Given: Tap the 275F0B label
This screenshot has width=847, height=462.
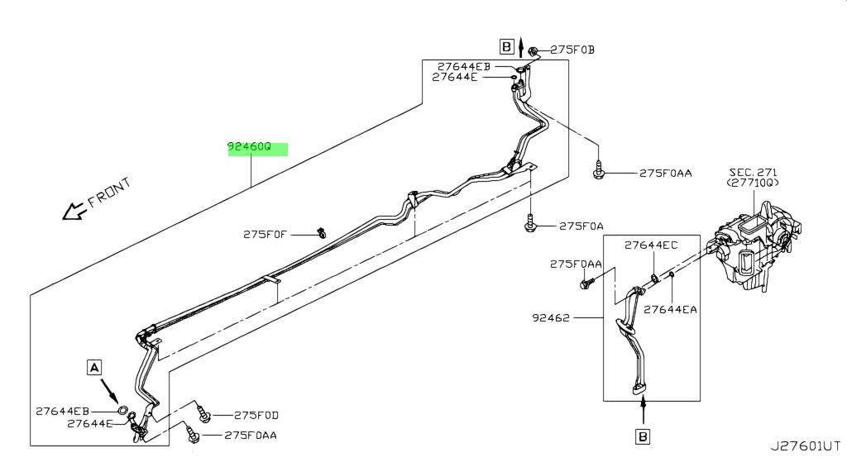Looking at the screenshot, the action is (572, 50).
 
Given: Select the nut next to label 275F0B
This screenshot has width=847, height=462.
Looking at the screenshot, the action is (533, 52).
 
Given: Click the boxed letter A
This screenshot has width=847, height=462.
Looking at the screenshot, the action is (94, 368).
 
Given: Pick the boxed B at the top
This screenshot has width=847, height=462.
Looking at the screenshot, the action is (506, 47).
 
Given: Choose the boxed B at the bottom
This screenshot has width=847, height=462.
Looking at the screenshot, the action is (643, 436).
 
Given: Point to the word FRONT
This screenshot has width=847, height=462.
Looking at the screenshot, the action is (109, 193).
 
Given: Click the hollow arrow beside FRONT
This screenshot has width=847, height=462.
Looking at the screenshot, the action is (74, 211).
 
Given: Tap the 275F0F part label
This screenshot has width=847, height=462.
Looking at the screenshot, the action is (265, 235).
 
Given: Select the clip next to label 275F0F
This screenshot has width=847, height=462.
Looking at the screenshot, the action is (322, 232).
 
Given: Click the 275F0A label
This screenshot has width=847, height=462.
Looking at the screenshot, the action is (581, 226).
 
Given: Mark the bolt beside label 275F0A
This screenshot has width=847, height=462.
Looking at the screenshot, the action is (530, 223).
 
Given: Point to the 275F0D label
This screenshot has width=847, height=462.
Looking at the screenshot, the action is (256, 416).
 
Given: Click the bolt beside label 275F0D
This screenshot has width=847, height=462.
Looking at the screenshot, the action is (203, 414).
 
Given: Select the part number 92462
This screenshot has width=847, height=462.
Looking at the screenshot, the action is (551, 318).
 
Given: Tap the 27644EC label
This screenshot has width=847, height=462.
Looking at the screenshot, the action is (651, 245).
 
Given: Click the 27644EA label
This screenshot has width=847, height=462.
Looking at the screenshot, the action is (670, 310).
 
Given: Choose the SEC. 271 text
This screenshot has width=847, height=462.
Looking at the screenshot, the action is (753, 173).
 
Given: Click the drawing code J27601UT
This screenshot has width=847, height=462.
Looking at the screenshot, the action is (806, 446).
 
